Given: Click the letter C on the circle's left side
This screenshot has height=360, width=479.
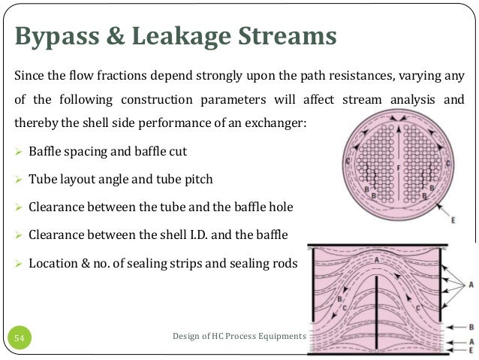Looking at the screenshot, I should (x=346, y=162).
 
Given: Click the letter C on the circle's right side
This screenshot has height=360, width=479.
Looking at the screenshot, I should (x=448, y=162).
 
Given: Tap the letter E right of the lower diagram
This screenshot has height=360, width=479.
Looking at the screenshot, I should (x=471, y=349).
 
